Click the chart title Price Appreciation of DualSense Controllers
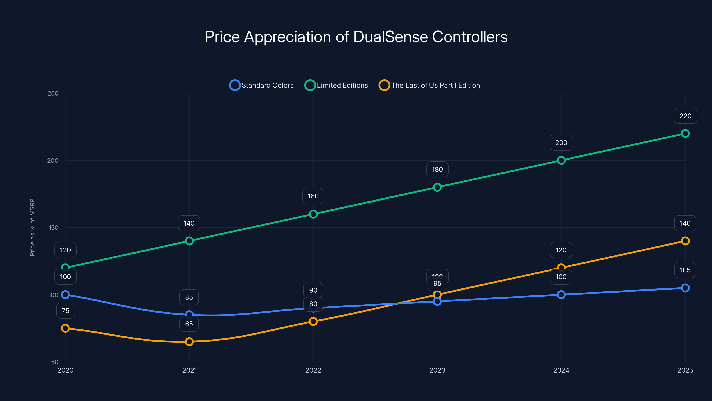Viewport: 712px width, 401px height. coord(356,37)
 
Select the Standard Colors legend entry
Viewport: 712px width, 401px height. coord(261,85)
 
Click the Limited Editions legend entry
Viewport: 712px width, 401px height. coord(336,85)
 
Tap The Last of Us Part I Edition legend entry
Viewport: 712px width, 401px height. coord(429,85)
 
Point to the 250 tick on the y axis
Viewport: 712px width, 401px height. coord(53,93)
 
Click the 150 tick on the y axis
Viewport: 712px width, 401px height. coord(54,227)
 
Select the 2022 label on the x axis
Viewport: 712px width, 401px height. coord(313,370)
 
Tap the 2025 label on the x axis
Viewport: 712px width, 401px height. coord(685,370)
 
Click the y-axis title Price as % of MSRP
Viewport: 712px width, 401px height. coord(32,227)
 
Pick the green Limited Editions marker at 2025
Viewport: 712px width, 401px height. coord(685,134)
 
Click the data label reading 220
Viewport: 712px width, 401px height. coord(685,116)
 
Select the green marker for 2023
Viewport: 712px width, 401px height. coord(437,187)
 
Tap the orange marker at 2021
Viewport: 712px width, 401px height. coord(189,342)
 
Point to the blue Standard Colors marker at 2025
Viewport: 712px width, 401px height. coord(685,288)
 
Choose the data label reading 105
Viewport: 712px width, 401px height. coord(685,270)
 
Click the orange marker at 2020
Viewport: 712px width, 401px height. coord(65,328)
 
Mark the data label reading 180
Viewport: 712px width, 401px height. coord(437,169)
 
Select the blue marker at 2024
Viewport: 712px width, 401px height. coord(561,295)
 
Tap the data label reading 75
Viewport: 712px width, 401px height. coord(65,311)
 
